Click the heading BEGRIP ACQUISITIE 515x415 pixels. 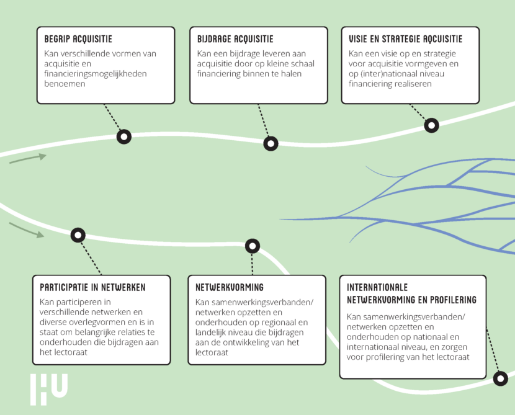click(x=78, y=40)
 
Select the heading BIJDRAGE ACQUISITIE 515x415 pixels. click(x=235, y=40)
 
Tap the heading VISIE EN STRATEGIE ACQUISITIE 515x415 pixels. click(x=405, y=40)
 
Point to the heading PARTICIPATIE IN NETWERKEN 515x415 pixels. click(x=92, y=288)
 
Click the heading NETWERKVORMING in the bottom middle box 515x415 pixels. click(x=230, y=288)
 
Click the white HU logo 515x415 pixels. click(x=48, y=388)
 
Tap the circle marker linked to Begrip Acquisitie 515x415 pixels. click(x=124, y=136)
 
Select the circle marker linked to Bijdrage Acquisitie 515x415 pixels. click(x=271, y=144)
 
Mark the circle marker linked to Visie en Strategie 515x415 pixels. click(x=431, y=125)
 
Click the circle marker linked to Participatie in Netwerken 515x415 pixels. click(x=78, y=234)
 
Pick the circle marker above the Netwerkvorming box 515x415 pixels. click(x=252, y=246)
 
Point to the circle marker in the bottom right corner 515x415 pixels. click(x=500, y=378)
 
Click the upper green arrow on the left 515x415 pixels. click(x=29, y=159)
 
